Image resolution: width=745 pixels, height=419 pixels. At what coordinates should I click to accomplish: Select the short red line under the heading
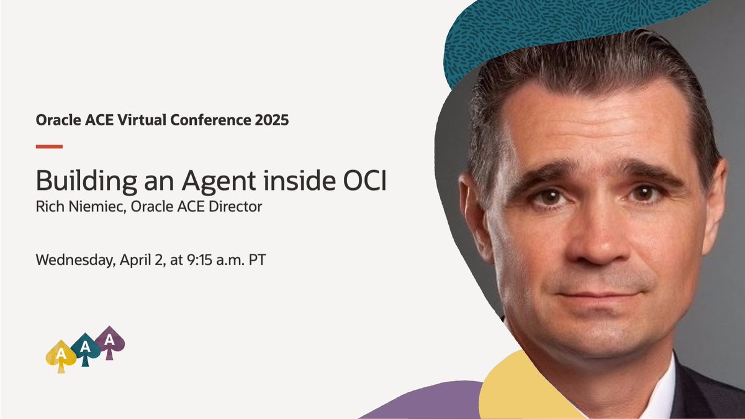click(49, 146)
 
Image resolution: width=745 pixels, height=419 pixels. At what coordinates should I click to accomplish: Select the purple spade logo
click(110, 341)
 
